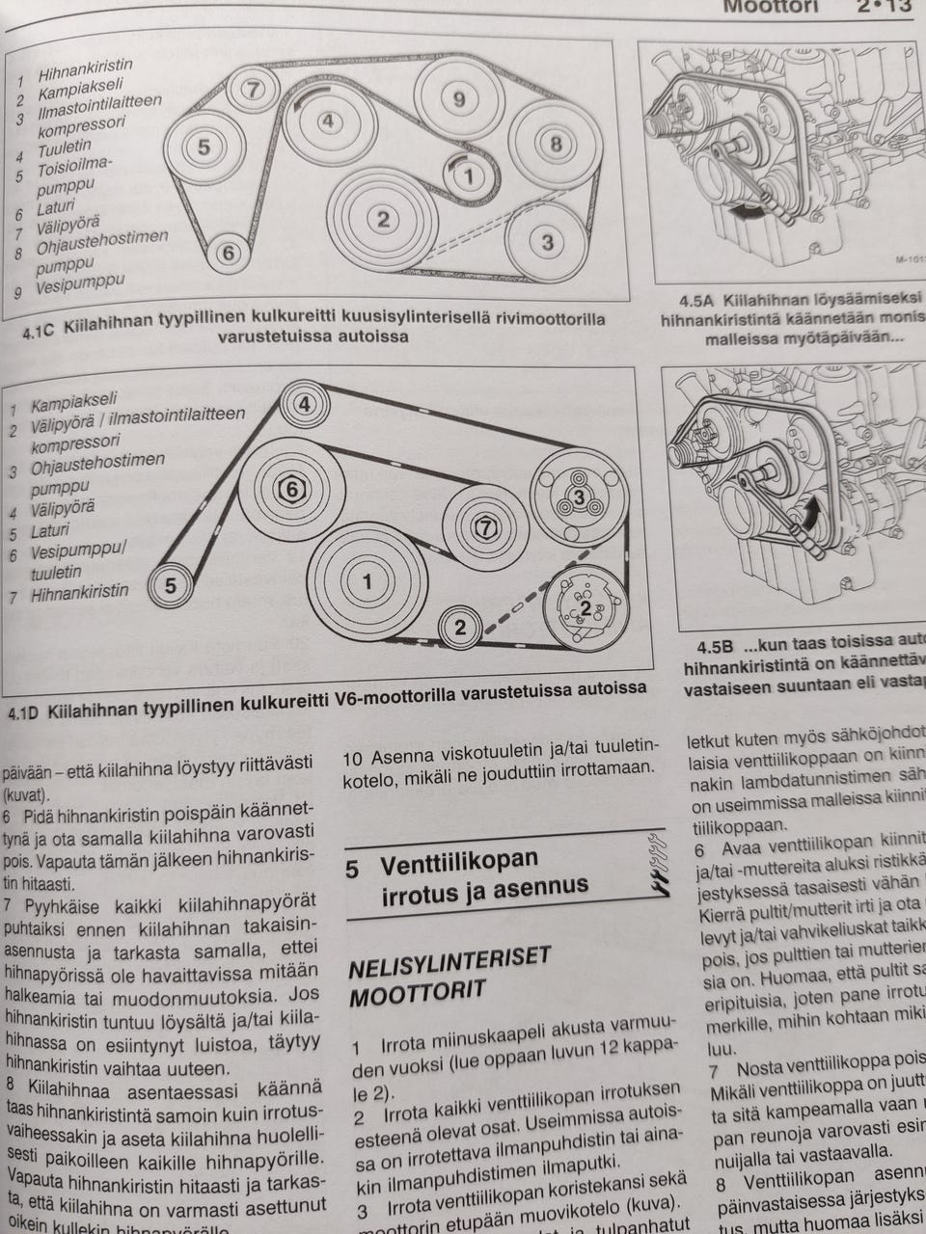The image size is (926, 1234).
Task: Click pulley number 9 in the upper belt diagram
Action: [x=458, y=99]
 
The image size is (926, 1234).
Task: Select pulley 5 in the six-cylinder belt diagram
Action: [x=204, y=148]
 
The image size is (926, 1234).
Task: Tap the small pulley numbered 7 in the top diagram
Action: [x=253, y=90]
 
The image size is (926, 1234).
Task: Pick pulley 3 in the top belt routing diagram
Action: [x=546, y=241]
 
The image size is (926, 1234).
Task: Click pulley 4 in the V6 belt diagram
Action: [x=304, y=404]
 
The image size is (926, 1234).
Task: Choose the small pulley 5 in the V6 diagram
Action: [x=170, y=586]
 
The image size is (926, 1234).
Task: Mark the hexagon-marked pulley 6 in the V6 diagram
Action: [x=292, y=490]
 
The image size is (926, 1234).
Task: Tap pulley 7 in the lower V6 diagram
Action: [x=485, y=526]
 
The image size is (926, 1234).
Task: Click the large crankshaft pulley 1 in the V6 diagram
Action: [x=367, y=581]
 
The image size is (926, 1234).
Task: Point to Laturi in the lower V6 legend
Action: [x=50, y=531]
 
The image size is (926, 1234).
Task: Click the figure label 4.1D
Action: [x=23, y=712]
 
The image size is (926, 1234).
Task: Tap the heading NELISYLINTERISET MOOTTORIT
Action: [x=449, y=975]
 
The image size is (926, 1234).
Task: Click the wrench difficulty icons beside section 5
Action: [x=658, y=864]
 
